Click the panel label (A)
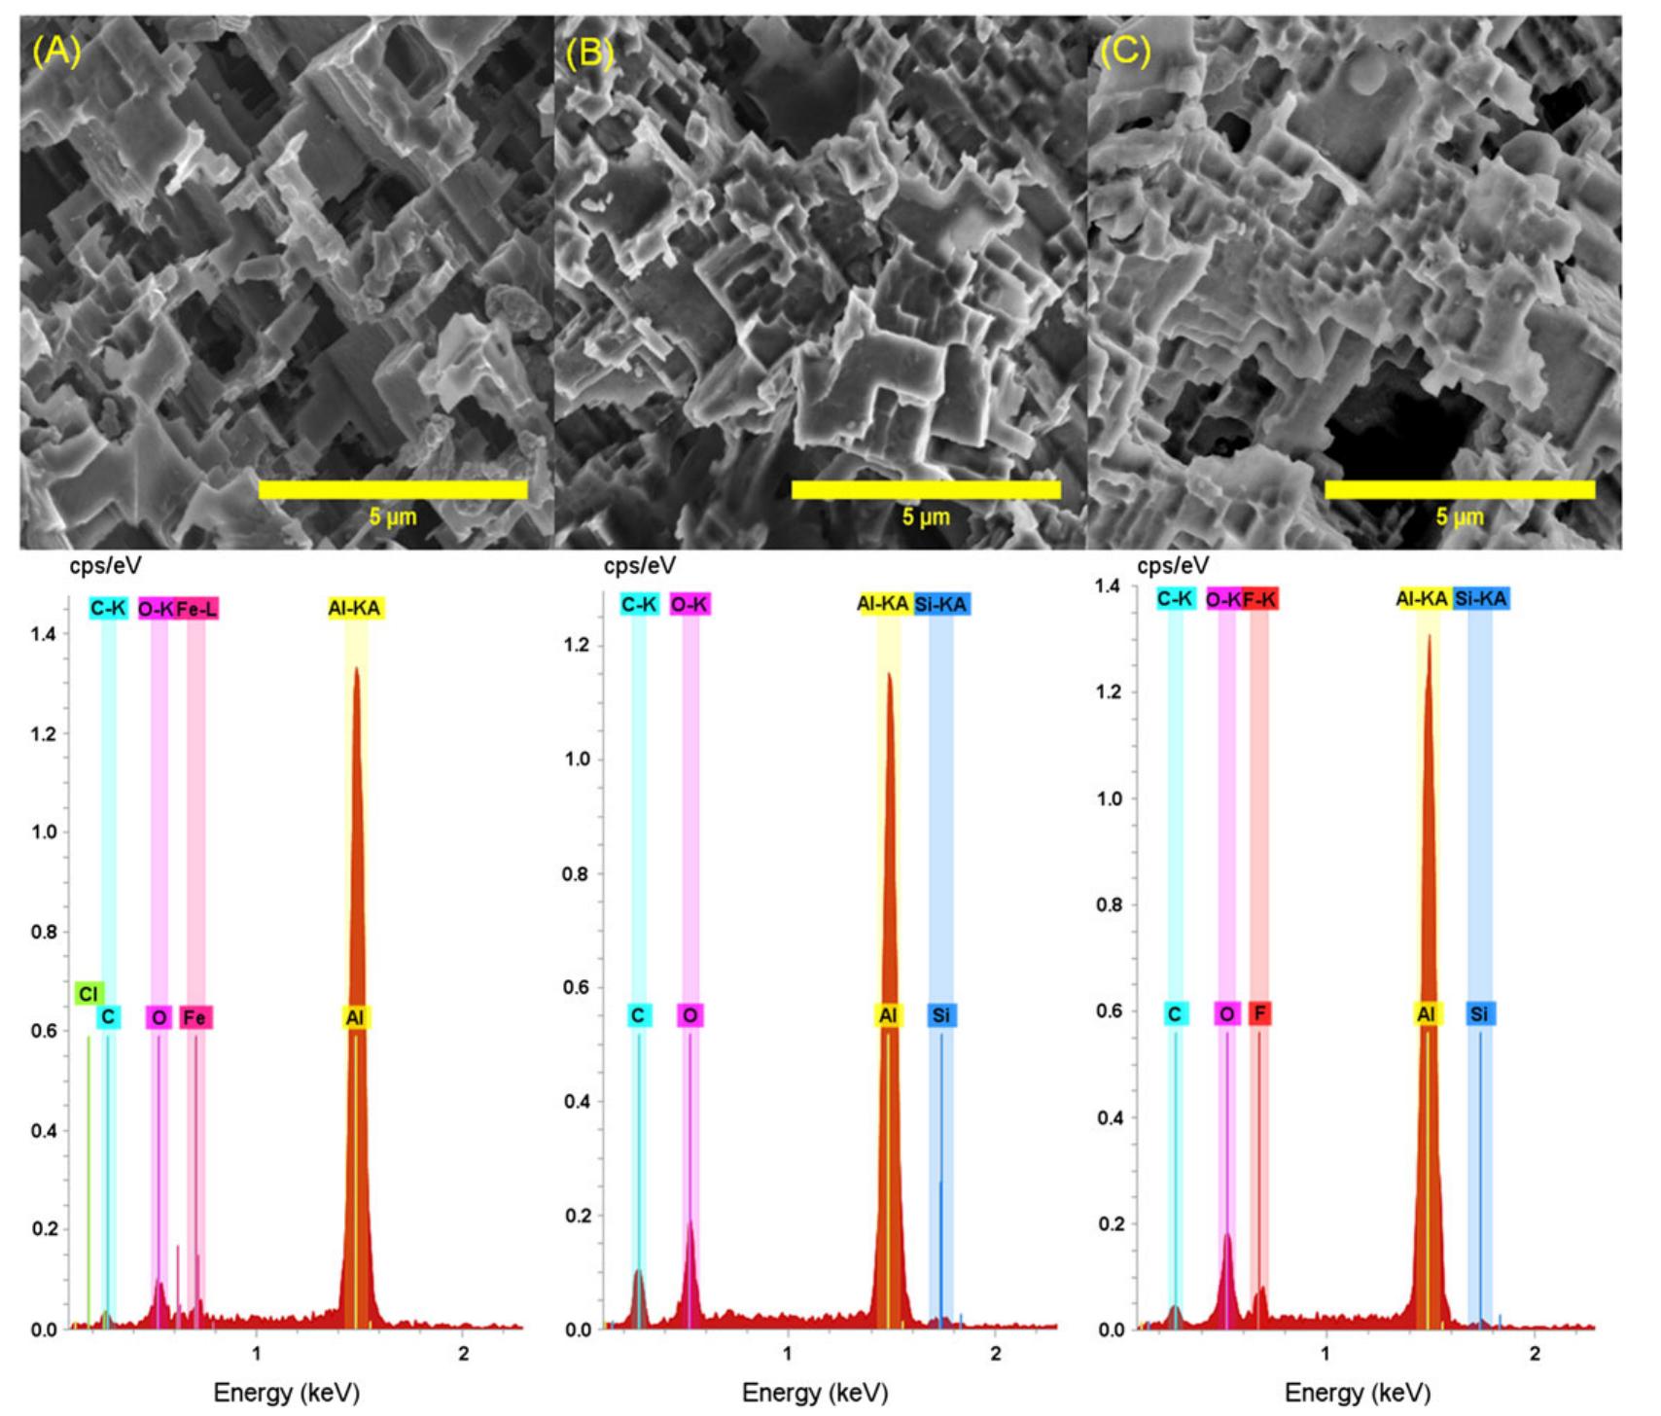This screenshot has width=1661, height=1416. click(56, 50)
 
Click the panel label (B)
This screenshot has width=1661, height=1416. click(589, 53)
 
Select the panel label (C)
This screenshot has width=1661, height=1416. click(1124, 50)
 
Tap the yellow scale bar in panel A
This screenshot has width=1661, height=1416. click(393, 489)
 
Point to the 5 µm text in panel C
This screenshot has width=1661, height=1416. click(1460, 516)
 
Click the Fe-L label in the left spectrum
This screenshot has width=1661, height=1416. click(197, 609)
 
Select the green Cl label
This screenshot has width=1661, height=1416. click(88, 994)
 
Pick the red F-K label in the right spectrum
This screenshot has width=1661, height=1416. click(1259, 600)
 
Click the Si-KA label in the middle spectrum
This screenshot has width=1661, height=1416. click(940, 605)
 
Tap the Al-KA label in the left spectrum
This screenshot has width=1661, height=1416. click(355, 609)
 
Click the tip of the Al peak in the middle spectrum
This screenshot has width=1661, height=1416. click(889, 674)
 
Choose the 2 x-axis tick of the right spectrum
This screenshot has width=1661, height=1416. click(1535, 1354)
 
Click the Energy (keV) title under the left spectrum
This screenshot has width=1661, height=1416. click(286, 1393)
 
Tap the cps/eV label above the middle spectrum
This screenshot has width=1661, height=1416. click(639, 566)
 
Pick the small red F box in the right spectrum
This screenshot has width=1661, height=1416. click(1259, 1014)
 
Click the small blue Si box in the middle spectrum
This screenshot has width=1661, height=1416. click(940, 1016)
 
